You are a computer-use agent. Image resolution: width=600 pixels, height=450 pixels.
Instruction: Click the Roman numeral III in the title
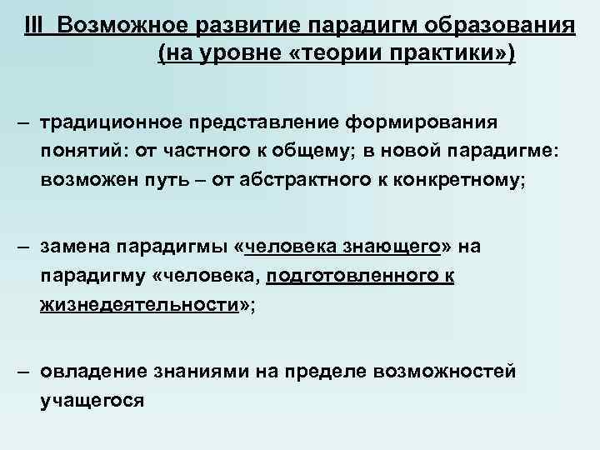[36, 25]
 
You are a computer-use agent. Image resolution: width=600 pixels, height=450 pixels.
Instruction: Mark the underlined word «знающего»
[405, 247]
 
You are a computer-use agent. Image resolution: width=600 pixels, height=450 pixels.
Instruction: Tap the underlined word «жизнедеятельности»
[138, 306]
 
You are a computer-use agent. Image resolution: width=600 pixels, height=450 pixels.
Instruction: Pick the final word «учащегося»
[92, 401]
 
